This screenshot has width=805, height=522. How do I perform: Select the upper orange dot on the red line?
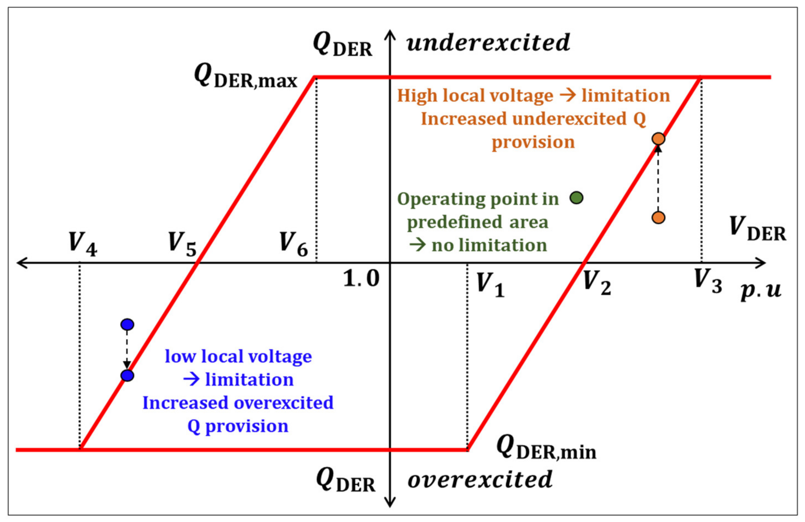tap(658, 139)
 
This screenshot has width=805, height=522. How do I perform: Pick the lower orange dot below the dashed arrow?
tap(658, 217)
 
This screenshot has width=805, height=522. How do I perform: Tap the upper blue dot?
tap(127, 324)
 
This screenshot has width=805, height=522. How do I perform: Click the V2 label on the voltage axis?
tap(597, 283)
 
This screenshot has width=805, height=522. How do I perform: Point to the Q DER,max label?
tap(246, 76)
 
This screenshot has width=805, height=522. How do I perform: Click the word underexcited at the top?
tap(488, 43)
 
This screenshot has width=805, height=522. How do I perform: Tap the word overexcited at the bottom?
tap(480, 480)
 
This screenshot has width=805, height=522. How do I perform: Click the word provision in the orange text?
tap(533, 142)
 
